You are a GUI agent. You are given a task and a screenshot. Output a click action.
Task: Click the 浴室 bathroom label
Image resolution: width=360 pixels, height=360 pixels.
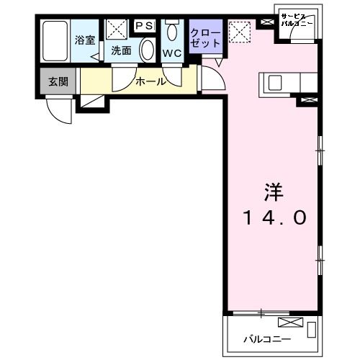pos(85,40)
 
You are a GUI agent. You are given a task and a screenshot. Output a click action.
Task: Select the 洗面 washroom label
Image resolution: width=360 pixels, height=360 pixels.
pos(120,51)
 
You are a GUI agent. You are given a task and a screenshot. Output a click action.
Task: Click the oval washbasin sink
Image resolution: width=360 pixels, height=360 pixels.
pos(146,51)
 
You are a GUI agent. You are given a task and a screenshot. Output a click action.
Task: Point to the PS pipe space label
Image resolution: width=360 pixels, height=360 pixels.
pos(145,27)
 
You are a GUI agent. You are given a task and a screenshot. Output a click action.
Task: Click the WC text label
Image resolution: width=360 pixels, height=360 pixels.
pos(172,53)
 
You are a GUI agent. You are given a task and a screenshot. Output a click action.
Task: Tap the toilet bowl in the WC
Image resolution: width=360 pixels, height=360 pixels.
pos(172,32)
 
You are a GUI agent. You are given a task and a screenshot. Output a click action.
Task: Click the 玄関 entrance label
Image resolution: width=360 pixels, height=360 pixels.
pos(58,81)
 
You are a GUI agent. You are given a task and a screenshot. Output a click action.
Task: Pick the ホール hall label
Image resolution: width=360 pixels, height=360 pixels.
pos(151,81)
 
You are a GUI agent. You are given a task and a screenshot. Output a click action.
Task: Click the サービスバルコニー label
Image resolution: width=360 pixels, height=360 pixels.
pos(297,20)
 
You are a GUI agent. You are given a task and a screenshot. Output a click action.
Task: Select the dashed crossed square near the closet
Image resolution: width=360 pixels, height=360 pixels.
pos(238,30)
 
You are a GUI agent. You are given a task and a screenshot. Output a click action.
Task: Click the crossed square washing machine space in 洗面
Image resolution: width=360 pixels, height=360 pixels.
pos(116,29)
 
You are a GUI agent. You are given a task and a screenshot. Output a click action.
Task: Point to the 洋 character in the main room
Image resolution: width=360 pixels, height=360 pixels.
pos(271,193)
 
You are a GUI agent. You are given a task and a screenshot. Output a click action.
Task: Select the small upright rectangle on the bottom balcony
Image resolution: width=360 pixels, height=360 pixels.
pos(311,330)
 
